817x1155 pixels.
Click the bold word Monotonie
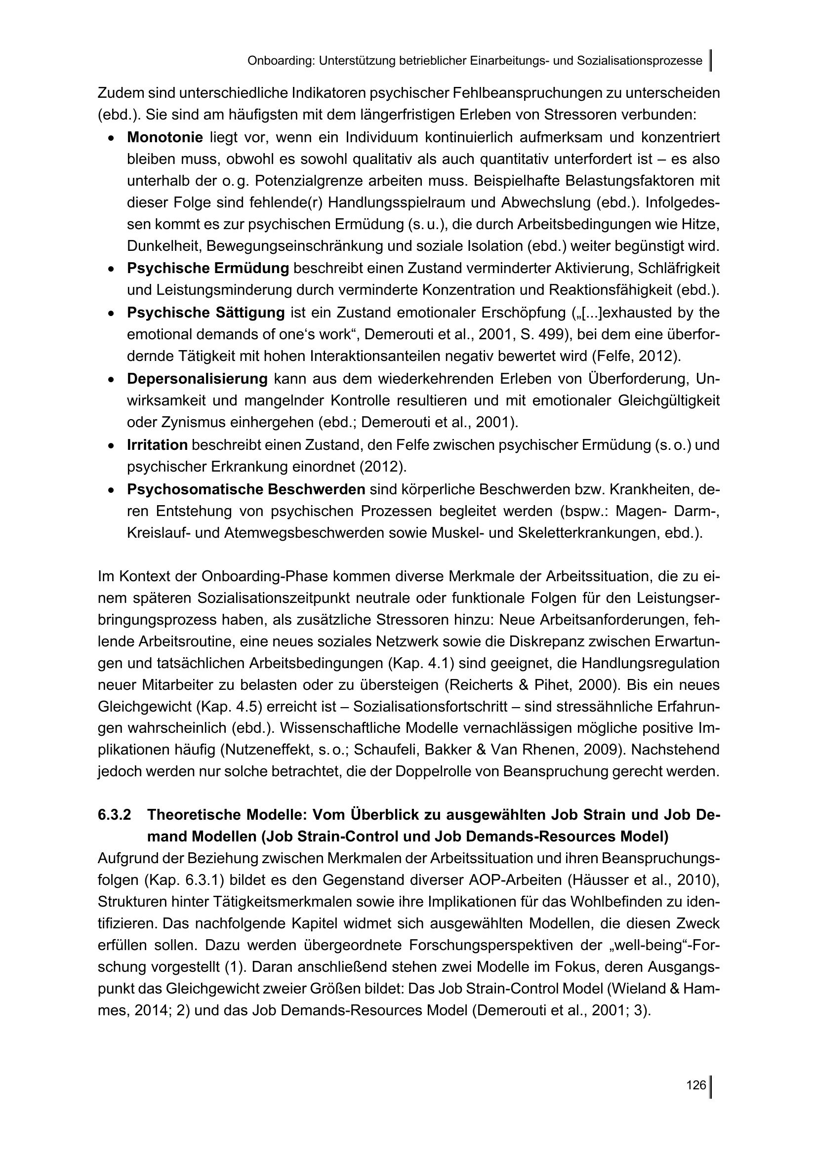tap(164, 137)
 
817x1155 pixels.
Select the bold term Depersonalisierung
tap(197, 379)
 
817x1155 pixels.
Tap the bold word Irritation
tap(157, 445)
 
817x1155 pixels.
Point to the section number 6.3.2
tap(114, 814)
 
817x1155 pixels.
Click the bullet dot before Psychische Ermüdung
tap(111, 269)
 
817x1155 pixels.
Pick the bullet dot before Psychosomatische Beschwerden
tap(111, 489)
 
